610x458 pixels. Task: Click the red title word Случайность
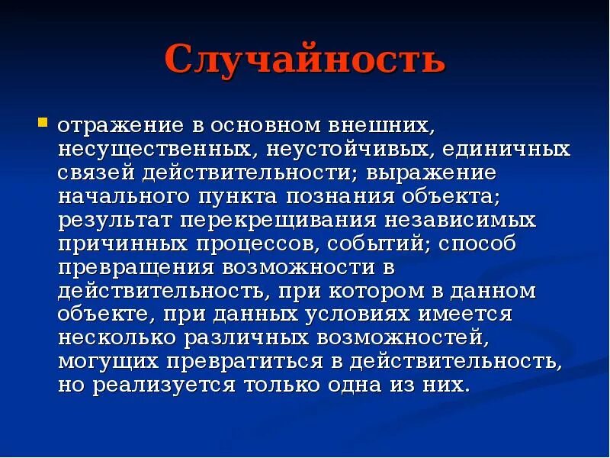[x=304, y=60]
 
